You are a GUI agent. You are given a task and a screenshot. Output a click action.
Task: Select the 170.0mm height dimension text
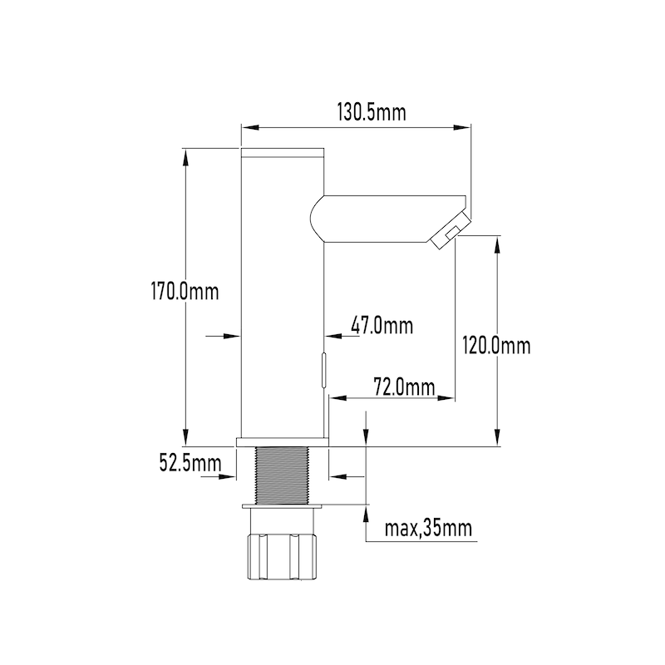click(184, 293)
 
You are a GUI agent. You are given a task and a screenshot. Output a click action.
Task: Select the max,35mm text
click(429, 528)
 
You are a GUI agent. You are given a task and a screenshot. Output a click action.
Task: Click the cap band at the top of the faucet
click(282, 153)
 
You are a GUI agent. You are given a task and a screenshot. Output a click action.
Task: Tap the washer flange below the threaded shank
click(282, 505)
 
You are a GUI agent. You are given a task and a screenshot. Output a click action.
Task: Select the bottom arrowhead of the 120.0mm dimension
click(498, 440)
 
